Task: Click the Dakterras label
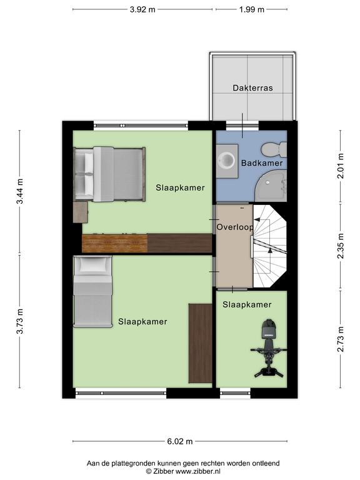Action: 252,88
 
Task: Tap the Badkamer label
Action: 262,163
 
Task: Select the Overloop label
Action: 235,227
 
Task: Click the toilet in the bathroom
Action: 274,149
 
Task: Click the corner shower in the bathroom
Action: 271,186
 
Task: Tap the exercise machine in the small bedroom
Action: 269,348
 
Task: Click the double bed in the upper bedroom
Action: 109,174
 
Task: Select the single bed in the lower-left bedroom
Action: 92,292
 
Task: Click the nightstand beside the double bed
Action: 81,212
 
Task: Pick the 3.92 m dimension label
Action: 142,9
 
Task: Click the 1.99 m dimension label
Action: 252,9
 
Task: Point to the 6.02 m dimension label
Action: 180,441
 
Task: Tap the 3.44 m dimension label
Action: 20,191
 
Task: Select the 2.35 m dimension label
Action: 341,246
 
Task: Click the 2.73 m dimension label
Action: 341,339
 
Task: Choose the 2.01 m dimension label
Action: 341,166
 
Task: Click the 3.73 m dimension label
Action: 20,321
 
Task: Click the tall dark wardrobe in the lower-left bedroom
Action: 200,343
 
